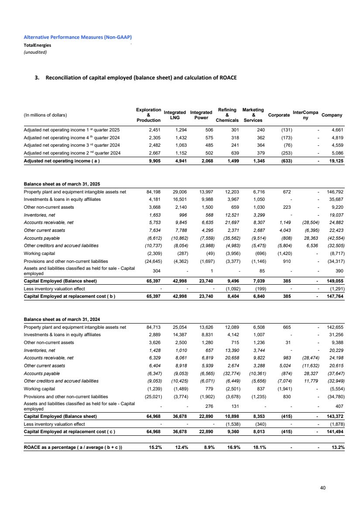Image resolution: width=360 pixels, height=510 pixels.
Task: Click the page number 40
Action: click(x=322, y=488)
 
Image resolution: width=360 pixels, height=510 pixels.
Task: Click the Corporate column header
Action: click(x=278, y=115)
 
